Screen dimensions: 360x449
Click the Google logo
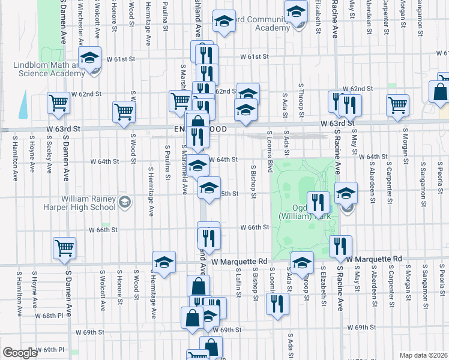click(20, 353)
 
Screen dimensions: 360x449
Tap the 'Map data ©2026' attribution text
click(423, 355)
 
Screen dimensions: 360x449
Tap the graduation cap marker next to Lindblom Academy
click(90, 60)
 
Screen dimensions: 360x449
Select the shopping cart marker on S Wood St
click(124, 112)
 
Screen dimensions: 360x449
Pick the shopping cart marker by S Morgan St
click(397, 105)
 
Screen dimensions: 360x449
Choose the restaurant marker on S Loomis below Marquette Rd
click(277, 303)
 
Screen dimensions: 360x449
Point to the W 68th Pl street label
click(49, 315)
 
